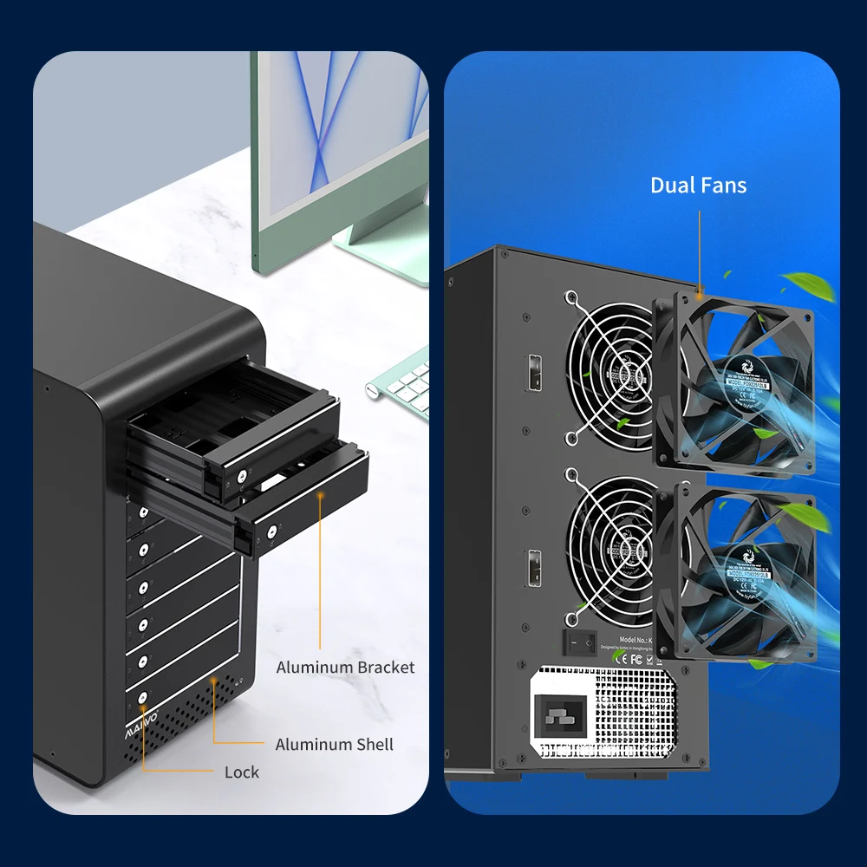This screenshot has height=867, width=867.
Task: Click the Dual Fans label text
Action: point(698,185)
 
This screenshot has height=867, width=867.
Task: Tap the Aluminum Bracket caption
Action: point(345,667)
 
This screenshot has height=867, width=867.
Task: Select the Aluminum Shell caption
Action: point(334,744)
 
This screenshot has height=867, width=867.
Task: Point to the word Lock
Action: point(241,772)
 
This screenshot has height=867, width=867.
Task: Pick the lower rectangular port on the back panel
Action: point(535,568)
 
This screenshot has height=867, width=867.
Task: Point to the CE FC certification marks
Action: point(629,656)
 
